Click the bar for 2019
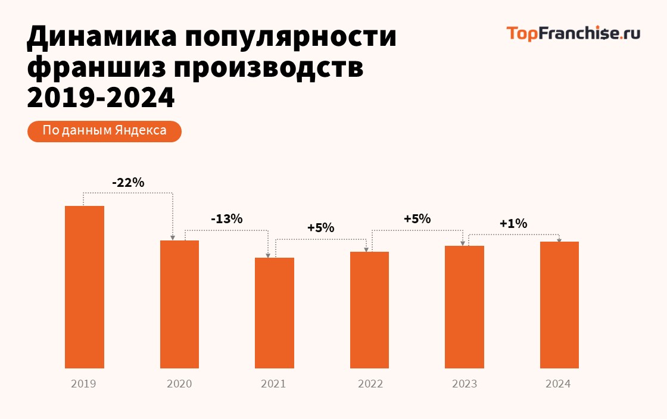coord(85,287)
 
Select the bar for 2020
coord(179,304)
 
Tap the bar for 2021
coord(275,312)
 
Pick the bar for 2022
coord(369,309)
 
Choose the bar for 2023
coord(465,307)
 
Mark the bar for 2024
coord(559,305)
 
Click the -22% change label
coord(128,183)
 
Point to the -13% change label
coord(226,219)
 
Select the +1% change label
coord(513,224)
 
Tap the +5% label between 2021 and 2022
coord(320,228)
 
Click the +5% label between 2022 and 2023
coord(417,219)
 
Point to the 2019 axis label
coord(83,384)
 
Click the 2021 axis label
coord(273,384)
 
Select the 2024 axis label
coord(558,384)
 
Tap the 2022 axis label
coord(370,384)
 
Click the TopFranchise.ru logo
coord(574,33)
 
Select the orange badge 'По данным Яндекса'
coord(104,131)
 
